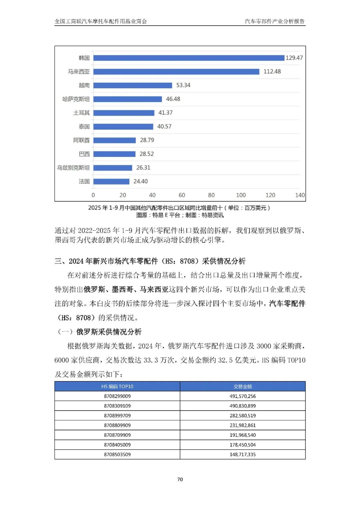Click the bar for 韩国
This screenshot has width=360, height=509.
click(189, 58)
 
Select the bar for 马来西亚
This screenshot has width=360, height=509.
click(176, 72)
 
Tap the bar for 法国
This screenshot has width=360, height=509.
click(111, 181)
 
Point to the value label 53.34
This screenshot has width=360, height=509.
click(183, 85)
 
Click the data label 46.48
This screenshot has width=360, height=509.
click(173, 99)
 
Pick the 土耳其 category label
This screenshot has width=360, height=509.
click(81, 113)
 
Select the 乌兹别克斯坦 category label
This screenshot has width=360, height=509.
click(73, 168)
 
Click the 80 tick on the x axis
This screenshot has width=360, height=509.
click(211, 195)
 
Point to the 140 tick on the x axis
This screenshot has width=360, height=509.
click(300, 195)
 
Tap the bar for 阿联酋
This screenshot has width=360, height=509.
click(114, 140)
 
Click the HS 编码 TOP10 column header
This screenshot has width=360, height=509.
click(117, 386)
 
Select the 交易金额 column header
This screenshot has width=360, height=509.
click(243, 386)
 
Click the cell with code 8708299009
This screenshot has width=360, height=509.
click(117, 396)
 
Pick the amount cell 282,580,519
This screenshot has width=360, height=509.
click(243, 416)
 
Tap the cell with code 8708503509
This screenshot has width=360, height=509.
click(117, 454)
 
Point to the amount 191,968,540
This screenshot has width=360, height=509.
click(243, 435)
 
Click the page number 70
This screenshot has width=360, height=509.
click(180, 479)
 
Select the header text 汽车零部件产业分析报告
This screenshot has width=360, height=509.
click(275, 21)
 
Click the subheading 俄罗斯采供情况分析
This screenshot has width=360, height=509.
click(109, 332)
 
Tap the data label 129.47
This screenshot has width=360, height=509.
click(294, 58)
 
